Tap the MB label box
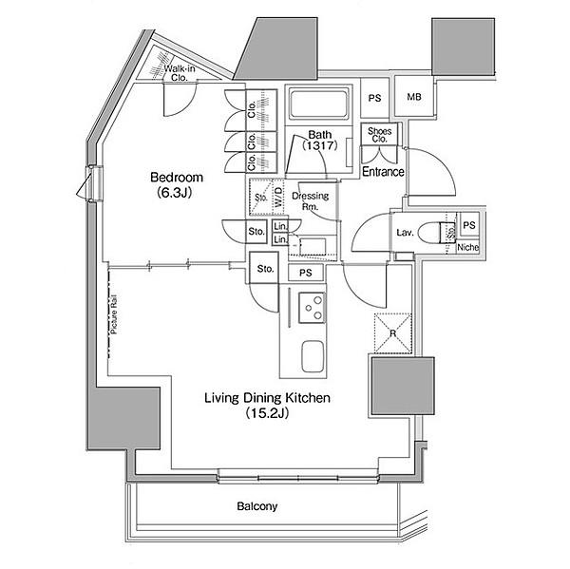point(414,98)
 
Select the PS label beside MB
point(374,98)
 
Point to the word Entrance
point(384,172)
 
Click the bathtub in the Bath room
point(319,105)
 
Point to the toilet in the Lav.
point(439,232)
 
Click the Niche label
point(466,248)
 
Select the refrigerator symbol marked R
point(392,332)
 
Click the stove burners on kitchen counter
point(310,309)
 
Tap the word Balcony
point(256,506)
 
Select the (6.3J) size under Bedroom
point(176,193)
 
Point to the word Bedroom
point(177,178)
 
